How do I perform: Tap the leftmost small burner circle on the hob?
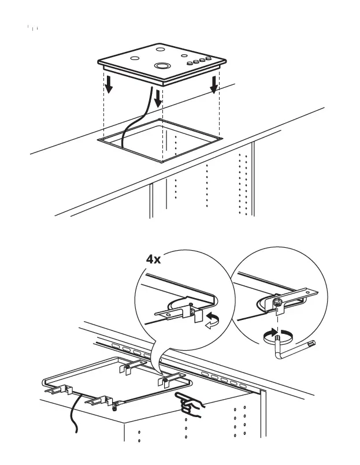tap(133, 58)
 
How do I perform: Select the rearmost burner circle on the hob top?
tap(184, 56)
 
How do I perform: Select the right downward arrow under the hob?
tap(214, 86)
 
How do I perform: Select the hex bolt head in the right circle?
tap(277, 302)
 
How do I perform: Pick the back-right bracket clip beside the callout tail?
tap(165, 381)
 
